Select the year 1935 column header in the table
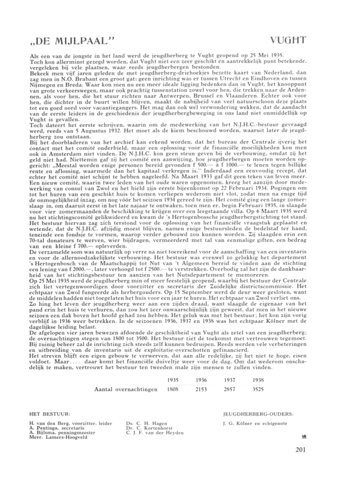(x=173, y=380)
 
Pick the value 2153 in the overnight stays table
(x=201, y=389)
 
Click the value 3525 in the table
(x=258, y=389)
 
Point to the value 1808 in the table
(x=173, y=389)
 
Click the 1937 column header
(x=230, y=380)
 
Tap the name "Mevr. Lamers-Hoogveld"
(x=59, y=437)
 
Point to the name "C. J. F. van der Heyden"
(x=154, y=432)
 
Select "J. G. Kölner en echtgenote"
(x=255, y=423)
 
